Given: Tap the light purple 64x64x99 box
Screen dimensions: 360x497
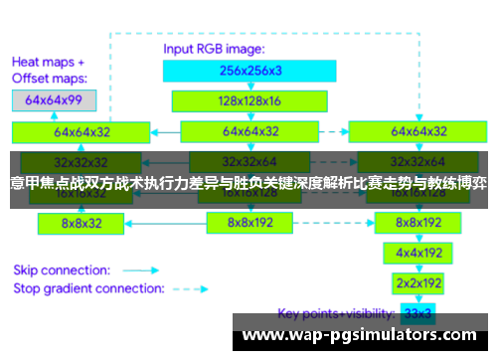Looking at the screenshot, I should point(54,99).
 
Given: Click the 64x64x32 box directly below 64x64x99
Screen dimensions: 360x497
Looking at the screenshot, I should point(83,131).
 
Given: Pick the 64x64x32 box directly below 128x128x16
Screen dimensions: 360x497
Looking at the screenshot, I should point(250,131).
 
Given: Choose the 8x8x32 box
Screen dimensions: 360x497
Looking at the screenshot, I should point(83,224).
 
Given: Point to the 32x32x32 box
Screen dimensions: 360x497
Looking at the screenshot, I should point(83,161).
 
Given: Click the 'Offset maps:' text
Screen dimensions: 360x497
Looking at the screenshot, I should point(50,78).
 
